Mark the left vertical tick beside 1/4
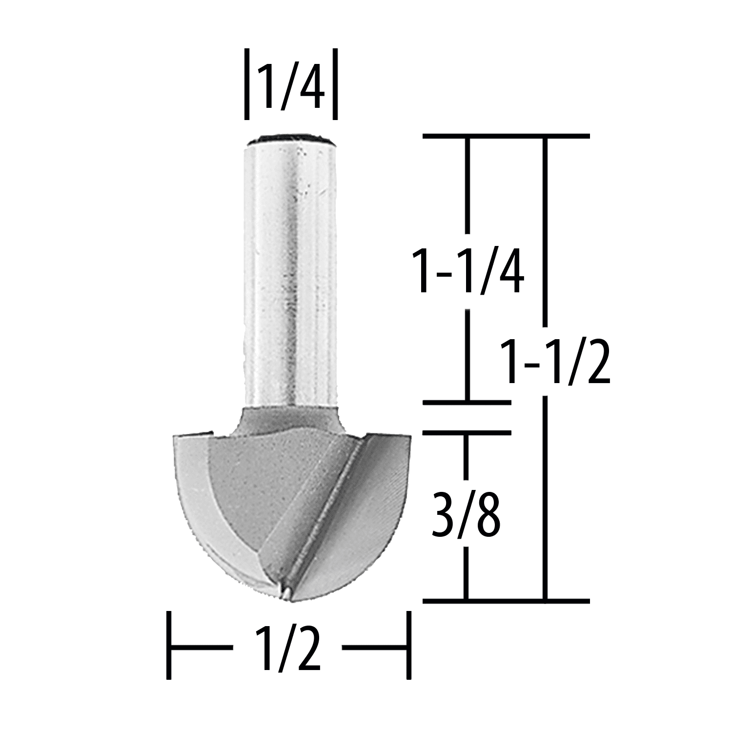[247, 83]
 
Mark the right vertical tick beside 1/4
[335, 83]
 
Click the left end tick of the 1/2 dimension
[169, 645]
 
